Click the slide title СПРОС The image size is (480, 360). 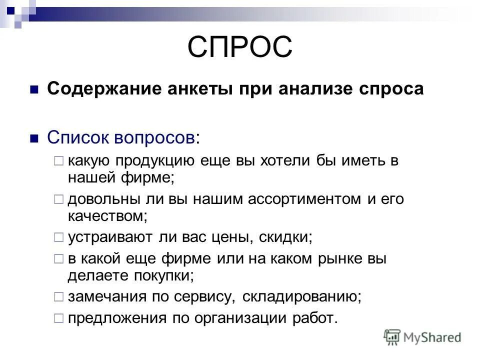coord(239,47)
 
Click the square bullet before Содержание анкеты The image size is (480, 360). coord(34,90)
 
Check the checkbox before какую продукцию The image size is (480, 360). coord(58,161)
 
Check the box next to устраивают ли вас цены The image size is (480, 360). coord(58,236)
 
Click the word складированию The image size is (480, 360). coord(300,296)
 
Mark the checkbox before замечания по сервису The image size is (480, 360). coord(58,296)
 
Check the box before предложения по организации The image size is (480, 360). coord(58,318)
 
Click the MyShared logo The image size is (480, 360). coord(423,337)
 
